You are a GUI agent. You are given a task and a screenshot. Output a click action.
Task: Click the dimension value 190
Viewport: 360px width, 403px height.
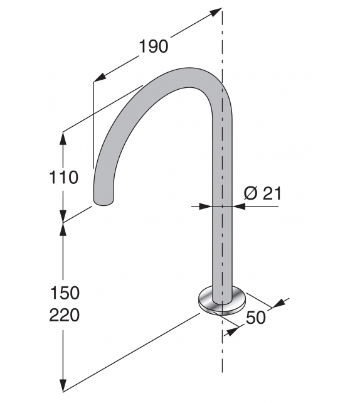[153, 46]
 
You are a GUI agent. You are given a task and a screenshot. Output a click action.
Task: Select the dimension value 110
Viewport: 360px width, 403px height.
[64, 178]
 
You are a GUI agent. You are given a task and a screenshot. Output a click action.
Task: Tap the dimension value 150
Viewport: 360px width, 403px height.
[64, 293]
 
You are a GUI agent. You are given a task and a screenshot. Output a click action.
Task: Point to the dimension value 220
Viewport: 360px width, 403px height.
[64, 314]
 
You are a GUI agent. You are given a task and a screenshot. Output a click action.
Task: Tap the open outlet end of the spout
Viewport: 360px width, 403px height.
[104, 200]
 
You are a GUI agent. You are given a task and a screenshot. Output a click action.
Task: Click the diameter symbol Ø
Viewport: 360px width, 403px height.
[250, 193]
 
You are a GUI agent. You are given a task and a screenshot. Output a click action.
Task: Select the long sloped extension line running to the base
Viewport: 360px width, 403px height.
[132, 352]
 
